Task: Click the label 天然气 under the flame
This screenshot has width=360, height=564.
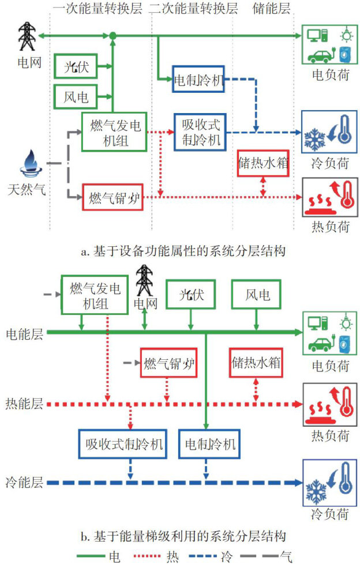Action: click(27, 188)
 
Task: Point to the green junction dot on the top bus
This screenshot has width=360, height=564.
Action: click(114, 36)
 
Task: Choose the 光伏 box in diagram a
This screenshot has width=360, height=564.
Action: click(76, 67)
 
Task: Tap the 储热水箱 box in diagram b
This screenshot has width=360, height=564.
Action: click(256, 363)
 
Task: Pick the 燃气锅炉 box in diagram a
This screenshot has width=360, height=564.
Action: click(112, 199)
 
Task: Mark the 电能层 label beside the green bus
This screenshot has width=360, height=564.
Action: click(24, 333)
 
